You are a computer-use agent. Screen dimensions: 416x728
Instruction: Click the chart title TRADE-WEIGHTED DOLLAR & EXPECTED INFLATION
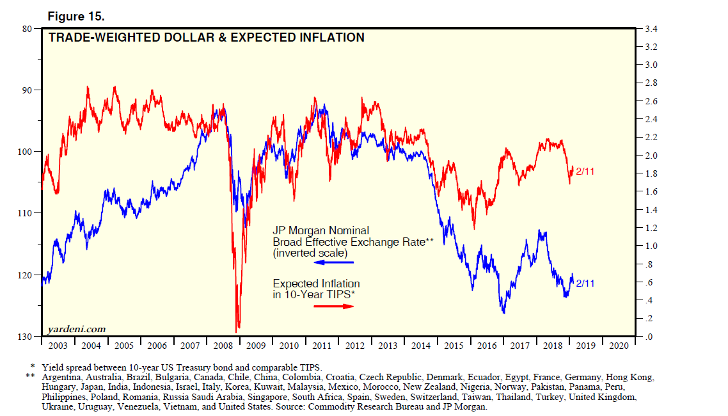(x=207, y=38)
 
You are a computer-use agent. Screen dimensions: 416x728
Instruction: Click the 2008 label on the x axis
(x=223, y=346)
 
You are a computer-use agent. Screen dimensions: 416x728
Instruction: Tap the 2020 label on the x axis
(x=619, y=346)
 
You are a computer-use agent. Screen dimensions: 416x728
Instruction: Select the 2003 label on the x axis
(x=58, y=346)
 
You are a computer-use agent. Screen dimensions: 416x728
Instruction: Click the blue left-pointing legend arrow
(x=333, y=262)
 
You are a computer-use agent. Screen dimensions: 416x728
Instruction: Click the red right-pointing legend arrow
(x=333, y=307)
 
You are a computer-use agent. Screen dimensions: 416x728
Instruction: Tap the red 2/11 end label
(x=585, y=172)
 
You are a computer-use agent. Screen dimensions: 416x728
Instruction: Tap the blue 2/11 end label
(x=585, y=282)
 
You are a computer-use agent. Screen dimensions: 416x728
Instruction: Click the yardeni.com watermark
(x=76, y=329)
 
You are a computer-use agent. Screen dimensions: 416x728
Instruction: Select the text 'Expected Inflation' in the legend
(x=316, y=284)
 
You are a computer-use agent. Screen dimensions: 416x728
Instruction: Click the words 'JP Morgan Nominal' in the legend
(x=320, y=230)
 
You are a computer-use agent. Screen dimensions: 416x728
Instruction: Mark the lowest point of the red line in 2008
(x=238, y=330)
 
